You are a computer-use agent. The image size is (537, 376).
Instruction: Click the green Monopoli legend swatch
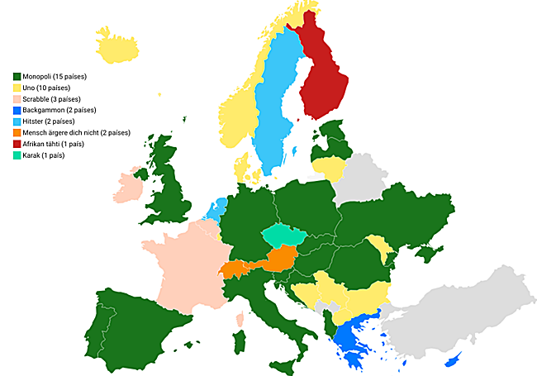tap(17, 77)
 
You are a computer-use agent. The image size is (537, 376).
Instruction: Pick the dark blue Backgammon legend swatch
tap(17, 110)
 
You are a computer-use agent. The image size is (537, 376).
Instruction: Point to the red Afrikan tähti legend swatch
tap(17, 144)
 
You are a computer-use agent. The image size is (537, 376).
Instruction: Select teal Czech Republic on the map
tap(285, 236)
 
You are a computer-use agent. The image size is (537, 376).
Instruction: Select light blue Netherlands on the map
tap(217, 207)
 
